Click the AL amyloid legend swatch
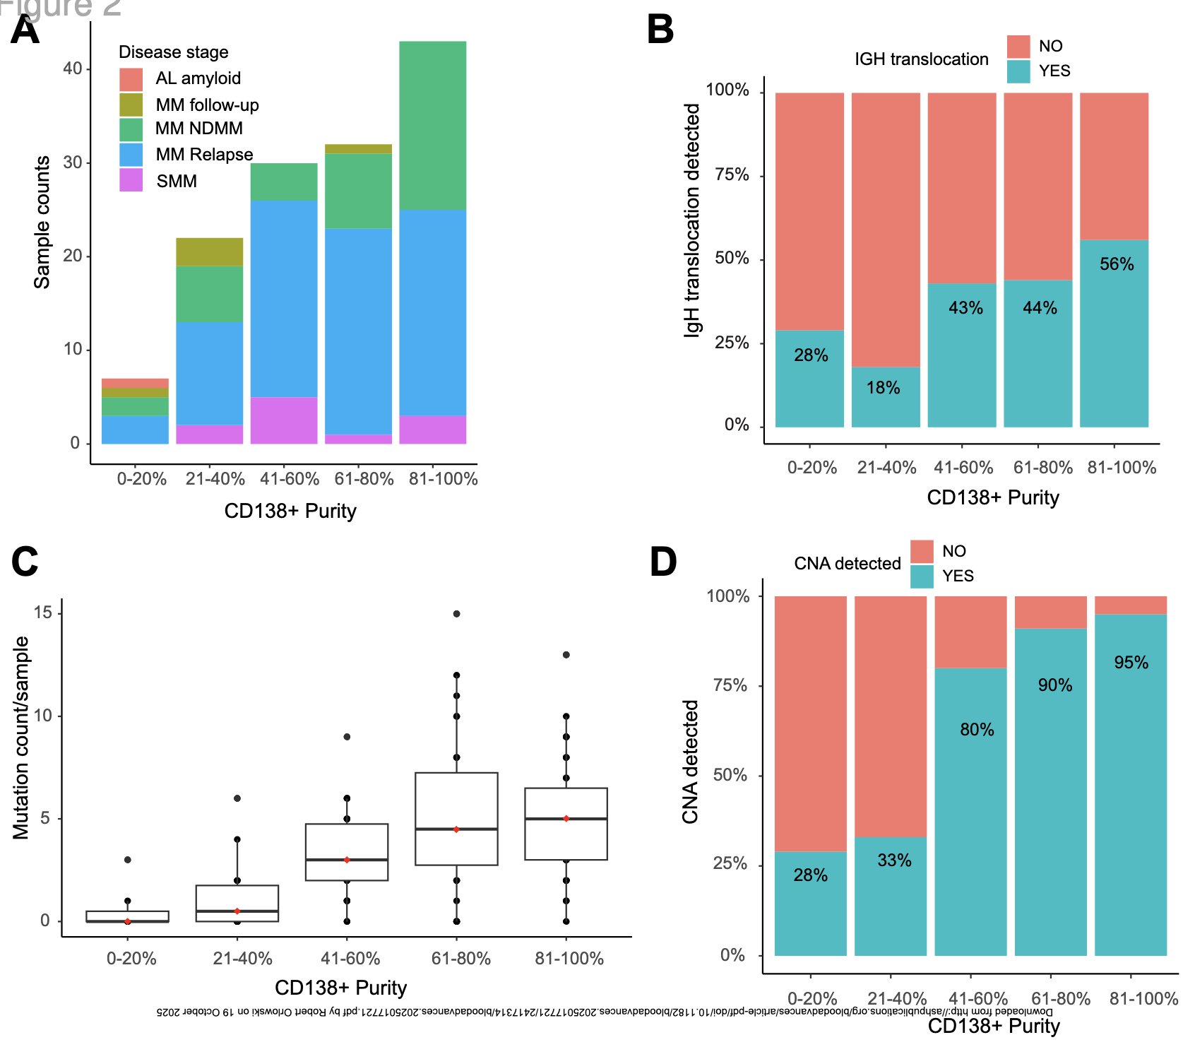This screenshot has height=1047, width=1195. tap(131, 78)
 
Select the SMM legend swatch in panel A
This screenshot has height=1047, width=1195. tap(131, 180)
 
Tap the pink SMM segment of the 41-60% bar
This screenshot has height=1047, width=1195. tap(284, 420)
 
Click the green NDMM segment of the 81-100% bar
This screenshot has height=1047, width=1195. tap(432, 125)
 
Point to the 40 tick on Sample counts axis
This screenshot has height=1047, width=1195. tap(73, 69)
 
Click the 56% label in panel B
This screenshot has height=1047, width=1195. tap(1117, 264)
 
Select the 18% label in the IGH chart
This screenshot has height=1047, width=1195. tap(883, 388)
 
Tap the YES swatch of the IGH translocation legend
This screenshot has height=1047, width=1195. tap(1018, 71)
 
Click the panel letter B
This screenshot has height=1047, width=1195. tap(660, 30)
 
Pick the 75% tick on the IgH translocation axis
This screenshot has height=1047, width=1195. tap(732, 175)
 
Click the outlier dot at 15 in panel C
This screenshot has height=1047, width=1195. tap(457, 614)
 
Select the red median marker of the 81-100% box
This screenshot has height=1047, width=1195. tap(566, 819)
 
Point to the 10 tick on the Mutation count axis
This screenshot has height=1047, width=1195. tap(42, 716)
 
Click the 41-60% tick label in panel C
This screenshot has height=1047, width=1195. tap(350, 959)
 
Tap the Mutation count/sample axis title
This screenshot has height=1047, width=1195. tap(21, 738)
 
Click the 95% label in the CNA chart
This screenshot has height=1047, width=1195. tap(1131, 663)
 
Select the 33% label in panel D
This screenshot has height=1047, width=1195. tap(894, 860)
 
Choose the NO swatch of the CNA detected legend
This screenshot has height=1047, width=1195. tap(922, 551)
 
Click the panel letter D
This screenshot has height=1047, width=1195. tap(662, 562)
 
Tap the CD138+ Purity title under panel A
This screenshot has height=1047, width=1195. tap(290, 511)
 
